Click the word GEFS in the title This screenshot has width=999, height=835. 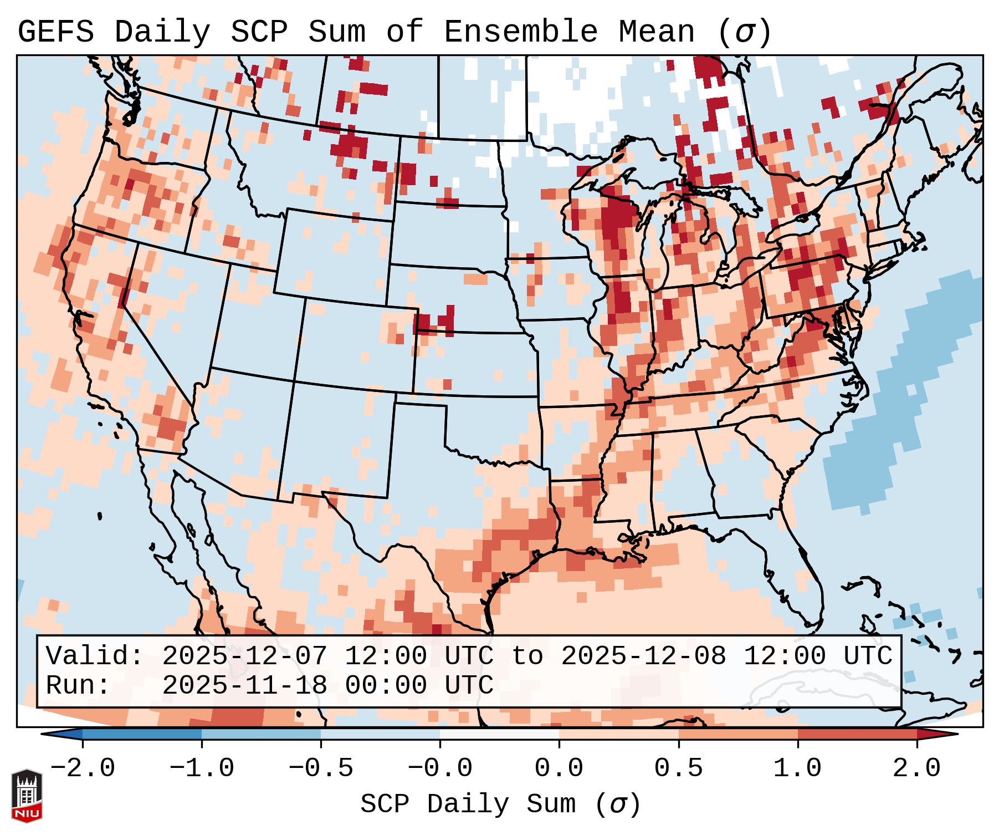55,32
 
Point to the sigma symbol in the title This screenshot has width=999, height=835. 744,32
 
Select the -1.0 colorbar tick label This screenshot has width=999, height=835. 201,769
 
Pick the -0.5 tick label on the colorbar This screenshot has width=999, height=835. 320,769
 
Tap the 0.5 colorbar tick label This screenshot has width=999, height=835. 678,769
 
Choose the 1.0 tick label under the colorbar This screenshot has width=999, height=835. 797,769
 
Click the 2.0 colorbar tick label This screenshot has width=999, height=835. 916,769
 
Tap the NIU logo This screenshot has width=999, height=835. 27,796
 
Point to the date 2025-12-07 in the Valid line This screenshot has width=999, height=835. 245,656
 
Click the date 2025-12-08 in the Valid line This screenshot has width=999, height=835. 644,656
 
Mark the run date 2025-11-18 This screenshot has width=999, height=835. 245,685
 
